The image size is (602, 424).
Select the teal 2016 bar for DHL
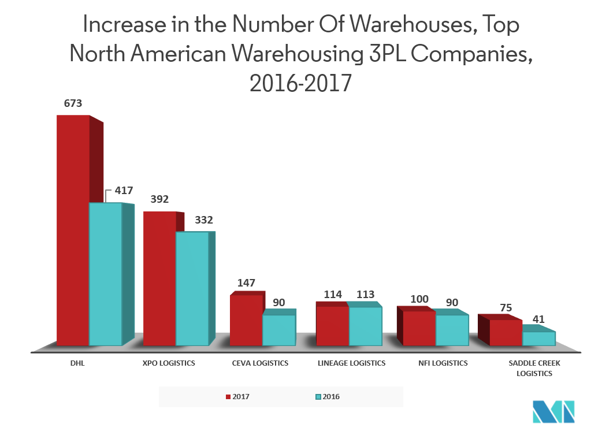(x=105, y=274)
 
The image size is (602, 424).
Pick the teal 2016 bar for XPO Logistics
(x=192, y=288)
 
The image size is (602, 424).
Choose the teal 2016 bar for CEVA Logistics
(x=279, y=330)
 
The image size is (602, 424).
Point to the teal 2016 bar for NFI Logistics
(x=452, y=330)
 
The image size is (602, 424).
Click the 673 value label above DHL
(x=72, y=104)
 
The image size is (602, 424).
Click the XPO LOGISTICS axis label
(x=168, y=363)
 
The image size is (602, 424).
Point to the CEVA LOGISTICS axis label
(x=260, y=363)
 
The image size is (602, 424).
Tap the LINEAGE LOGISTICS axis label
(x=351, y=363)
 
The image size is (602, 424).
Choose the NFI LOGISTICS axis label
(x=443, y=363)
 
